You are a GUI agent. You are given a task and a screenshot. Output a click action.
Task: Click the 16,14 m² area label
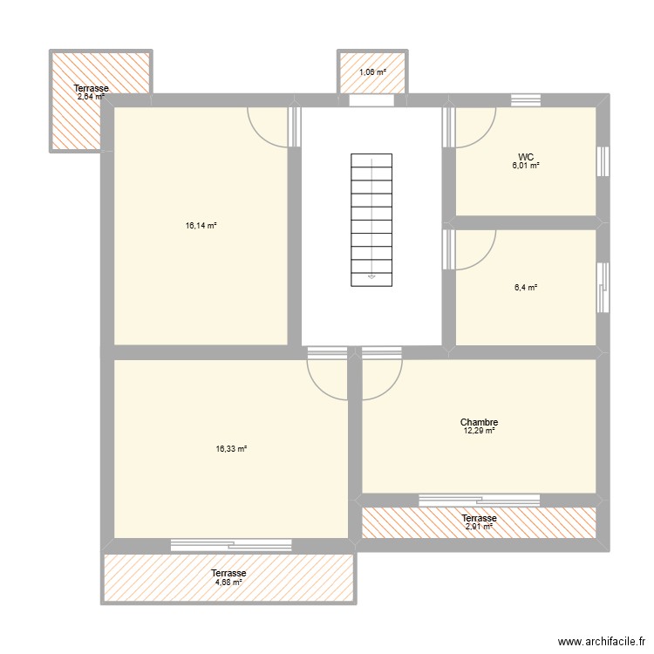click(201, 225)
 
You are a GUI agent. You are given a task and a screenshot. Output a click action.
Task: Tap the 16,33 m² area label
click(231, 448)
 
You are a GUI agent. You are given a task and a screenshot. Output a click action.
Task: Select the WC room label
click(526, 157)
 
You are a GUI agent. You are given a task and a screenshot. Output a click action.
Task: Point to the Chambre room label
click(479, 422)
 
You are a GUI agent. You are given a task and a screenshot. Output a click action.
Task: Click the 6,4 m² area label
click(526, 287)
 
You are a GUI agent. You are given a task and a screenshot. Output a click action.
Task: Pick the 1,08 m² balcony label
click(372, 72)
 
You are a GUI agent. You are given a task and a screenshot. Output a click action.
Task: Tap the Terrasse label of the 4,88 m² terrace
click(228, 573)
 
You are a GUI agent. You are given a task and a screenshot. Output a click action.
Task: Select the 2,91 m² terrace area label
click(479, 527)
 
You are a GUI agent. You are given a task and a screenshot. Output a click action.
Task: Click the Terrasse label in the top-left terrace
click(92, 89)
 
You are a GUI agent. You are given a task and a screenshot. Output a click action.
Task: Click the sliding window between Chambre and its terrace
click(479, 500)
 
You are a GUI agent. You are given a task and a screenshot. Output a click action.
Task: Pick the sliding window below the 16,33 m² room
click(230, 545)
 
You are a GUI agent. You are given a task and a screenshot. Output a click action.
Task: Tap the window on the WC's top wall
click(526, 100)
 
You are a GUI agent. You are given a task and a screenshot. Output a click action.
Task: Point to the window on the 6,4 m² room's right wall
click(603, 287)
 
